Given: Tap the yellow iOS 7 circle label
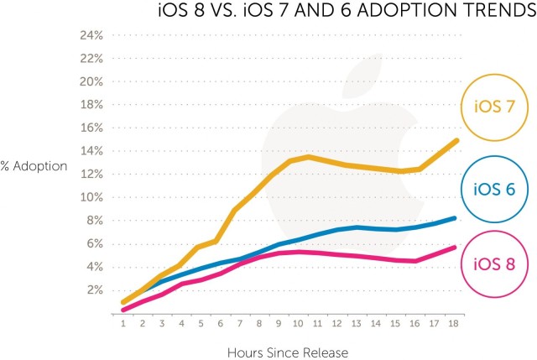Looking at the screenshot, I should click(x=494, y=107).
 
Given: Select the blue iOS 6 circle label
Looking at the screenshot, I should click(x=494, y=189).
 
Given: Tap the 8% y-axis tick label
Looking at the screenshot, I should click(x=92, y=221).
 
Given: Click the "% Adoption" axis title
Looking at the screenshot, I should click(x=34, y=165).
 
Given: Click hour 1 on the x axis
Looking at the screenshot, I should click(x=123, y=321).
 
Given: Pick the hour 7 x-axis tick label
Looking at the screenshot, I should click(x=240, y=321).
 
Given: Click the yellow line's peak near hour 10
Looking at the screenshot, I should click(x=308, y=157).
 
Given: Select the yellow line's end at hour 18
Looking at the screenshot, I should click(x=456, y=140).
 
